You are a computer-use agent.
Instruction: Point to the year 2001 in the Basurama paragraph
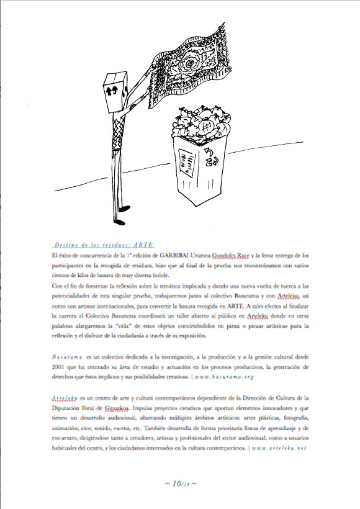click(60, 367)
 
